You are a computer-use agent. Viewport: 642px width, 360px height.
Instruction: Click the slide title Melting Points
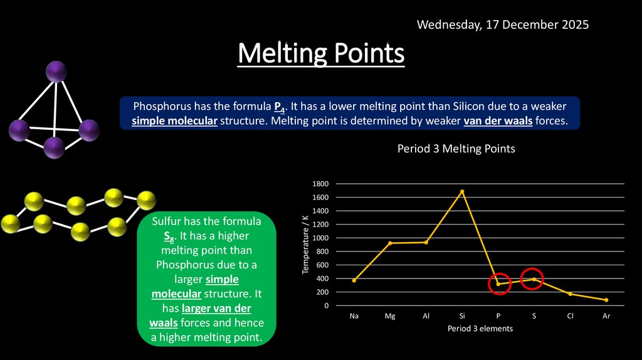point(321,54)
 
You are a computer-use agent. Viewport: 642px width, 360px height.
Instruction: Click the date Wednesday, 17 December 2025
point(502,25)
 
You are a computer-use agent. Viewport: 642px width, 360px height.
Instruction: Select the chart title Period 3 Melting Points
point(456,149)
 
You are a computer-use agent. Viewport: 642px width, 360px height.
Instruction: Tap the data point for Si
point(462,191)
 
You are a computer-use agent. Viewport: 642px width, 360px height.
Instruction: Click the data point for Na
point(354,280)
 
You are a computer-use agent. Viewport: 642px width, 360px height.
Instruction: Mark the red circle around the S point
point(532,279)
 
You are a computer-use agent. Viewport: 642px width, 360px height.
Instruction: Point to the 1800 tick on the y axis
point(320,184)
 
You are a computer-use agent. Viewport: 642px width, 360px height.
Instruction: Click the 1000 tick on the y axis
point(320,238)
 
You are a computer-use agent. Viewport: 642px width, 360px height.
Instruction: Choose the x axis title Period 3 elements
point(480,329)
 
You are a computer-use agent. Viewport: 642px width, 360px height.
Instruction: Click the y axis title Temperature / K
point(305,244)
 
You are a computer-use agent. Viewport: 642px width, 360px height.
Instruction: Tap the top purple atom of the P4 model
point(56,71)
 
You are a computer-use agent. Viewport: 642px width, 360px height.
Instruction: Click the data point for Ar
point(606,300)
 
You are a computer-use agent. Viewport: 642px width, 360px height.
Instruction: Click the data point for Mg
point(390,243)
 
